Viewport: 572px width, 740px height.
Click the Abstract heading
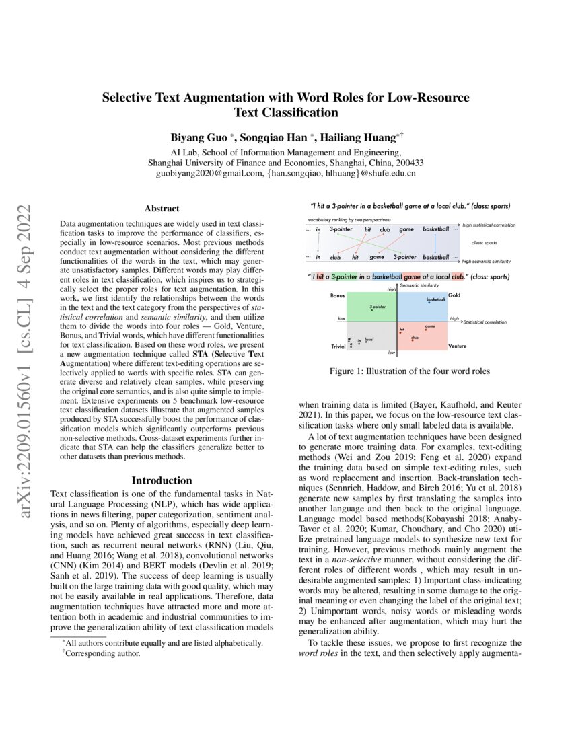click(162, 209)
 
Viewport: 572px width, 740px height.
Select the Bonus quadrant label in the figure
click(338, 295)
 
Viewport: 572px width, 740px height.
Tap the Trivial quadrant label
click(338, 346)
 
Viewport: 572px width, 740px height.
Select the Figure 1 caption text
click(409, 371)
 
